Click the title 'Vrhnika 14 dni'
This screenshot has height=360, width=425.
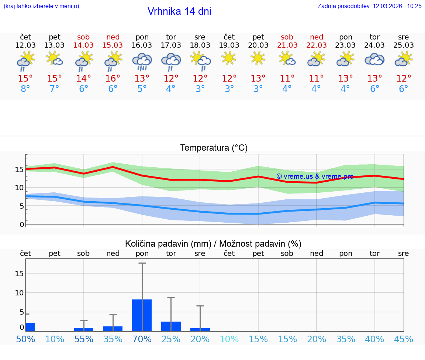pyautogui.click(x=179, y=11)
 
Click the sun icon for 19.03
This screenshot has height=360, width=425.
pyautogui.click(x=229, y=58)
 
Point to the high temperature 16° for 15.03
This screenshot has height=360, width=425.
pyautogui.click(x=113, y=79)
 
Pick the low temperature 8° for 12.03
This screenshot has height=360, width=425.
pyautogui.click(x=25, y=89)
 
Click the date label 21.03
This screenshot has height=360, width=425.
pyautogui.click(x=287, y=45)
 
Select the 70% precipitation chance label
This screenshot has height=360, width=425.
pyautogui.click(x=142, y=339)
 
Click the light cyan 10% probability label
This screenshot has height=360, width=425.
pyautogui.click(x=229, y=339)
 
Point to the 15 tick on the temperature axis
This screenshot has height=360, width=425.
pyautogui.click(x=19, y=169)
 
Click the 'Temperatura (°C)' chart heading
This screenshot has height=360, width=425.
pyautogui.click(x=214, y=148)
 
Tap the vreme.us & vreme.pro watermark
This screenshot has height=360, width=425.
pyautogui.click(x=315, y=176)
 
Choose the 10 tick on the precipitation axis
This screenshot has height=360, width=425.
pyautogui.click(x=19, y=293)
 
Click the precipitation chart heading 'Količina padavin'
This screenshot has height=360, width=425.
pyautogui.click(x=213, y=244)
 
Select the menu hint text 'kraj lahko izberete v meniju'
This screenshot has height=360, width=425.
pyautogui.click(x=41, y=6)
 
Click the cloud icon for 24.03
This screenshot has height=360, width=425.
pyautogui.click(x=374, y=59)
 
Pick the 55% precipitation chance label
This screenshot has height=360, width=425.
pyautogui.click(x=84, y=339)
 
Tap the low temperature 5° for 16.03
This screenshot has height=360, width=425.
pyautogui.click(x=142, y=89)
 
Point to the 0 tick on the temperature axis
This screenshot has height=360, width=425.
pyautogui.click(x=22, y=224)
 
